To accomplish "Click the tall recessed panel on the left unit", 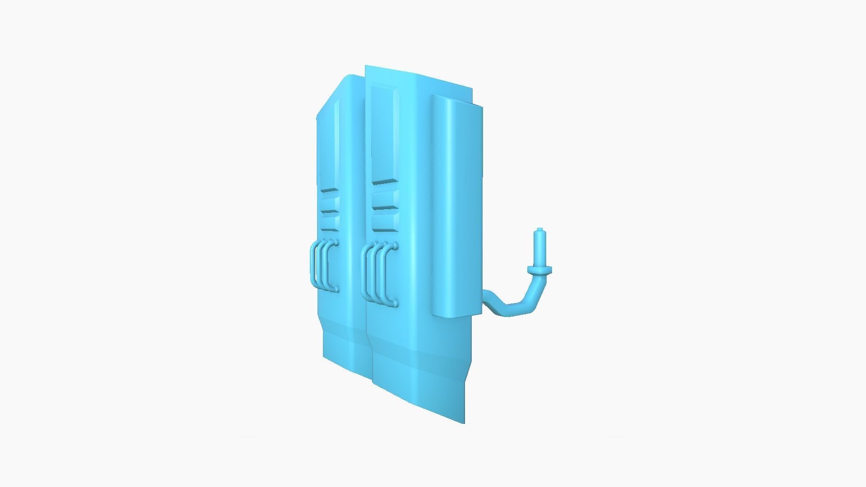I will click(x=337, y=144).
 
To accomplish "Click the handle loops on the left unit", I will click(x=323, y=266).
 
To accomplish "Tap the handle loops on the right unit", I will click(x=380, y=274).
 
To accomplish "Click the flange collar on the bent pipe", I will click(x=539, y=270).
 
